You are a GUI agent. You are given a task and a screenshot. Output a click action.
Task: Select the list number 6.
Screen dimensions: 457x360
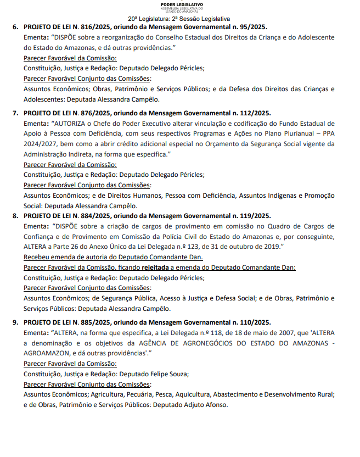pyautogui.click(x=15, y=27)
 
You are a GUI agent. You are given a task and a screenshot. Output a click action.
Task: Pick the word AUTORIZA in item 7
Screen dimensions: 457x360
pyautogui.click(x=71, y=122)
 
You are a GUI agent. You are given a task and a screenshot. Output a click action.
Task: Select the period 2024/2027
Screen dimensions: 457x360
pyautogui.click(x=41, y=143)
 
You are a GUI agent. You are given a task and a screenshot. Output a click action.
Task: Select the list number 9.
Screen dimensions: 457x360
pyautogui.click(x=15, y=322)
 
